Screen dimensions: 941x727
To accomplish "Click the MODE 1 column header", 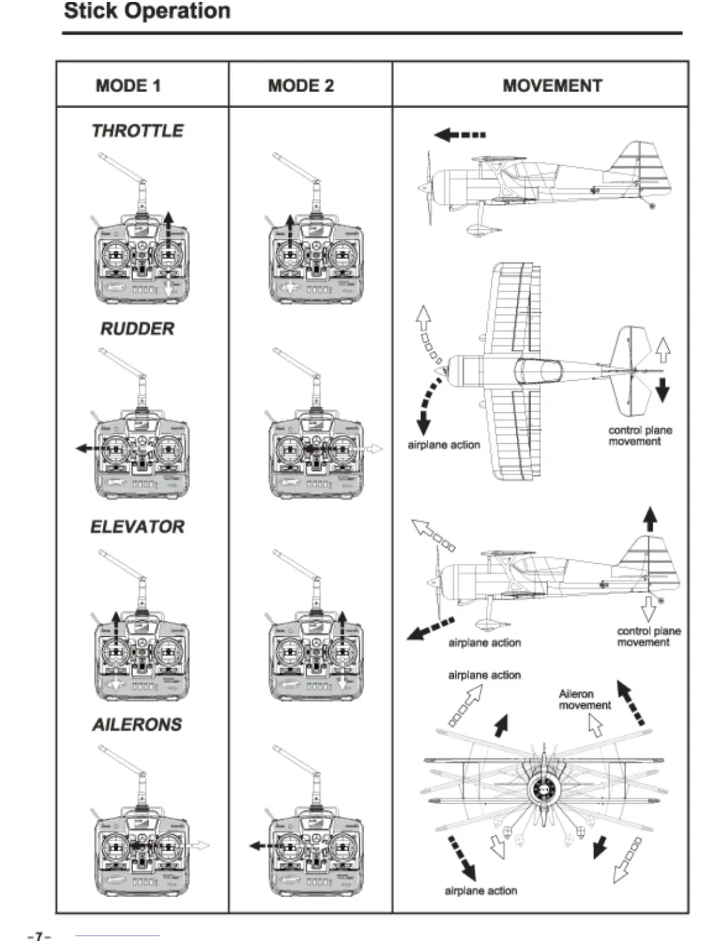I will click(x=128, y=86).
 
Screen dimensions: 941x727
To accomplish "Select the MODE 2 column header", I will click(x=301, y=86).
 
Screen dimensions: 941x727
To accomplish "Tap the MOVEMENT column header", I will click(x=552, y=86).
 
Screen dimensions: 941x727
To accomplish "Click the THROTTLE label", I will click(x=138, y=131).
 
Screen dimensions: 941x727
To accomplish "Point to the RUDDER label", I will click(x=137, y=329).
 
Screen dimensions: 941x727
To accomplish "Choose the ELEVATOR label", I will click(x=137, y=527).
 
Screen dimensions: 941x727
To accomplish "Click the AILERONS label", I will click(x=137, y=725).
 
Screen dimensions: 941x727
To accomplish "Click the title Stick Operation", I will click(x=147, y=11).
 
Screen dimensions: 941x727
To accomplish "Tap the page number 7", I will click(x=39, y=936).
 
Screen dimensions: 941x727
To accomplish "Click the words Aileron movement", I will click(x=584, y=699).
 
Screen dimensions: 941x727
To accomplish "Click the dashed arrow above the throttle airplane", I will click(x=460, y=135).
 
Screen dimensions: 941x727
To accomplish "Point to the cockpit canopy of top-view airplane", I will click(x=538, y=371).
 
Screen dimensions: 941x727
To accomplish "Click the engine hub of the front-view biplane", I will click(x=543, y=790).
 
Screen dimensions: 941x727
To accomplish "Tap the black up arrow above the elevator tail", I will click(x=650, y=519).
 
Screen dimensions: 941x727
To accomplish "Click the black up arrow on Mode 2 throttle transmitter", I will click(x=290, y=229).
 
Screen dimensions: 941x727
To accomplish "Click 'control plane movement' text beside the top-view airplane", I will click(x=640, y=435).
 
